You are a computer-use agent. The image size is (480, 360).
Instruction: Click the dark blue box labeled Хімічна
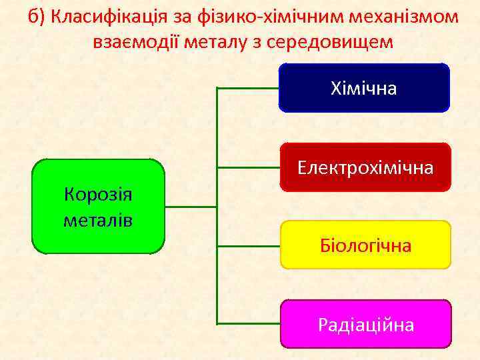pyautogui.click(x=364, y=87)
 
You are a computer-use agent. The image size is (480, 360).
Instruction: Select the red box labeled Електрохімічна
pyautogui.click(x=365, y=167)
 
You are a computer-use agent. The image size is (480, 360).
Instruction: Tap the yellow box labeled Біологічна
pyautogui.click(x=365, y=245)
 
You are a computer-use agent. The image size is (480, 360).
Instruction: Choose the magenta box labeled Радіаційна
pyautogui.click(x=365, y=324)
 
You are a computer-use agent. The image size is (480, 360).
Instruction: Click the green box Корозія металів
pyautogui.click(x=98, y=206)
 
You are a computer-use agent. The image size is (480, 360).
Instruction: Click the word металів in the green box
pyautogui.click(x=98, y=219)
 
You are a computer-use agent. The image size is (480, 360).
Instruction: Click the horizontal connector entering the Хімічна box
pyautogui.click(x=248, y=87)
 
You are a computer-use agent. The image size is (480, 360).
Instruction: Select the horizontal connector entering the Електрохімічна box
pyautogui.click(x=248, y=167)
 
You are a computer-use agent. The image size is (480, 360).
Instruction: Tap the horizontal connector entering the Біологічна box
pyautogui.click(x=248, y=245)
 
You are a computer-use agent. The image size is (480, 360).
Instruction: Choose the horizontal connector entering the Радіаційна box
pyautogui.click(x=248, y=324)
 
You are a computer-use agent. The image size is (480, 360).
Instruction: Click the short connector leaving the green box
pyautogui.click(x=191, y=206)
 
